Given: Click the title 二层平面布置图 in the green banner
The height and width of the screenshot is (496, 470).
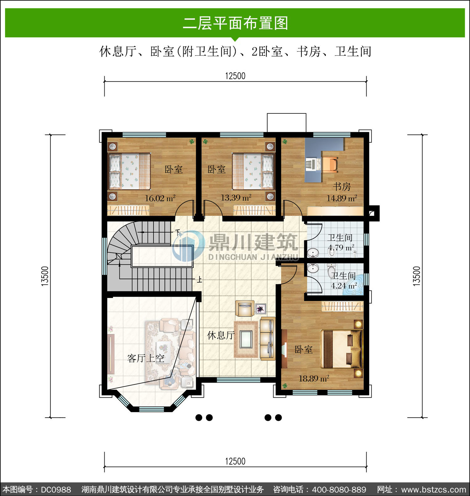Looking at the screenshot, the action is [235, 23].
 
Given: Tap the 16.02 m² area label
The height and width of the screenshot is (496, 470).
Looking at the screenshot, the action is [160, 198].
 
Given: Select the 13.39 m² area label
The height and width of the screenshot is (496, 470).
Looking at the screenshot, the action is [236, 198].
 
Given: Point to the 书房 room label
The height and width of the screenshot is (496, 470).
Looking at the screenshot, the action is [342, 187].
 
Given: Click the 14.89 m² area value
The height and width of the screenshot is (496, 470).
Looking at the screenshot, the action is [342, 198].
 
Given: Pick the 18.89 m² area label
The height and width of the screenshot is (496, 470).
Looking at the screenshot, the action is [314, 379].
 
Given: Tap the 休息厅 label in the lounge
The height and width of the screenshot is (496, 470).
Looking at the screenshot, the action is [221, 336].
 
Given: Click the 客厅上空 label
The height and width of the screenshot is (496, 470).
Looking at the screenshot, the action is [146, 358].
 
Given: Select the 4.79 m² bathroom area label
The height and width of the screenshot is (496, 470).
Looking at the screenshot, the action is [341, 248].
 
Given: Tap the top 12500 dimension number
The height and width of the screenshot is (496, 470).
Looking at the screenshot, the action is [235, 76].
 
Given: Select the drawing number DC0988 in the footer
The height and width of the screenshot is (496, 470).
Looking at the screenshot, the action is [56, 489].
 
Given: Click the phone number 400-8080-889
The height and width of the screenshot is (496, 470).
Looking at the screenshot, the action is [339, 489].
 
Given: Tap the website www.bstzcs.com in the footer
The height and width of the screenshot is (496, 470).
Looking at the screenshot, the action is [434, 489].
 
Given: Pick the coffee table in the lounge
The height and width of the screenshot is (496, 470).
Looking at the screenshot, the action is [246, 340].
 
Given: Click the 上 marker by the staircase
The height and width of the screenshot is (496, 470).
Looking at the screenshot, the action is [199, 279].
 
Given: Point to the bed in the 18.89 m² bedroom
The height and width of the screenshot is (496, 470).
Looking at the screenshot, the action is [341, 349].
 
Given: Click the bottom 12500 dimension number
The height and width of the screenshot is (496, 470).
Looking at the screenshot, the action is [235, 461].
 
